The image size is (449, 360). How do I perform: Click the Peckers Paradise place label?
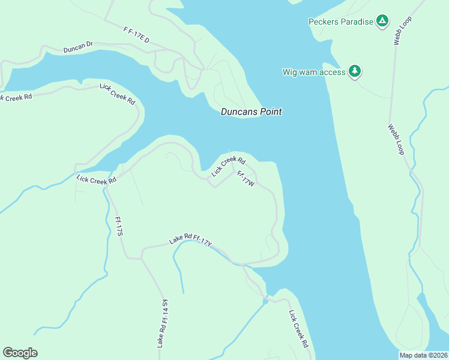point(341,22)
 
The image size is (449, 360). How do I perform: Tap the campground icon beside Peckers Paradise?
point(382,22)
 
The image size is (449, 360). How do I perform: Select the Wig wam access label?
point(314,72)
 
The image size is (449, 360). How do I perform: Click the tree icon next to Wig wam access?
point(355,72)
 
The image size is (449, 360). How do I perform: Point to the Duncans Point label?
point(251,112)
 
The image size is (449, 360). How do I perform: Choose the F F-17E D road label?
point(136,34)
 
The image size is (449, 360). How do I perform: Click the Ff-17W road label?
point(246,179)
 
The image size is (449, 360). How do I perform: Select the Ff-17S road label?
point(118,226)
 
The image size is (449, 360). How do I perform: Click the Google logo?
point(20,353)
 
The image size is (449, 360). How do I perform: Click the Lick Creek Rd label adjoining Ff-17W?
point(229,166)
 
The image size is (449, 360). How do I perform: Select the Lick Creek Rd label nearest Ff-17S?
point(96,178)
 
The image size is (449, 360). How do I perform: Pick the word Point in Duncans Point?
point(270,112)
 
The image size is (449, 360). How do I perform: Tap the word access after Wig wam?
point(333,72)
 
